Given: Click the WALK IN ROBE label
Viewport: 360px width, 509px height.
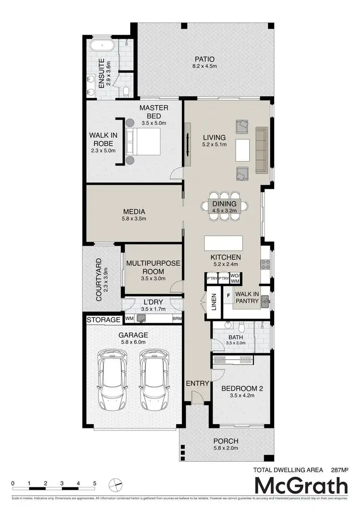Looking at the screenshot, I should (x=103, y=139).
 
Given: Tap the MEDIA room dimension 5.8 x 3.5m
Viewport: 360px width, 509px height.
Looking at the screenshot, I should (x=134, y=219).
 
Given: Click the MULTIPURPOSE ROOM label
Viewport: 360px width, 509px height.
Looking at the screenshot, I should (x=153, y=267).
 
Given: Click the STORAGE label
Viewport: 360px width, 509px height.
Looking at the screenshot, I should (x=104, y=320).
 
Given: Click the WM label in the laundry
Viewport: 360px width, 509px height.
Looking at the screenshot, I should (x=129, y=318).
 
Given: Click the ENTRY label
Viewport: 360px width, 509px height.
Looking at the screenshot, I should (x=197, y=383).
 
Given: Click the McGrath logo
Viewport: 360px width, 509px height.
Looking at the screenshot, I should (x=301, y=486).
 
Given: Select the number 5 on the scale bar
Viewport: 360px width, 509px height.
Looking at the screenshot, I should (x=95, y=483).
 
